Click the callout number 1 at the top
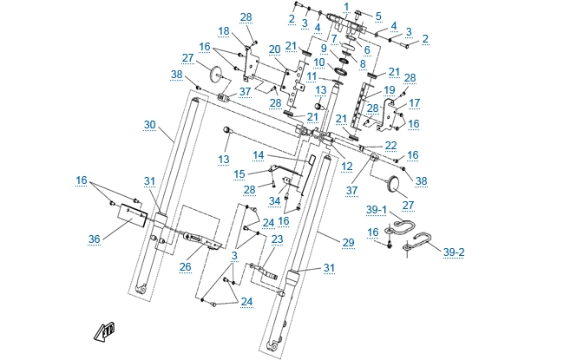(x=346, y=7)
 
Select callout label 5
(x=378, y=16)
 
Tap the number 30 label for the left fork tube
(x=150, y=124)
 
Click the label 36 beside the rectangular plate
(x=95, y=239)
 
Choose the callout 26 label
(x=185, y=267)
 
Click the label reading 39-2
(x=453, y=252)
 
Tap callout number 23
(x=278, y=239)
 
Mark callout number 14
(x=258, y=155)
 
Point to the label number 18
(x=224, y=31)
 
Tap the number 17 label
(x=413, y=101)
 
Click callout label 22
(x=391, y=145)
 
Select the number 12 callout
(x=347, y=165)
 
